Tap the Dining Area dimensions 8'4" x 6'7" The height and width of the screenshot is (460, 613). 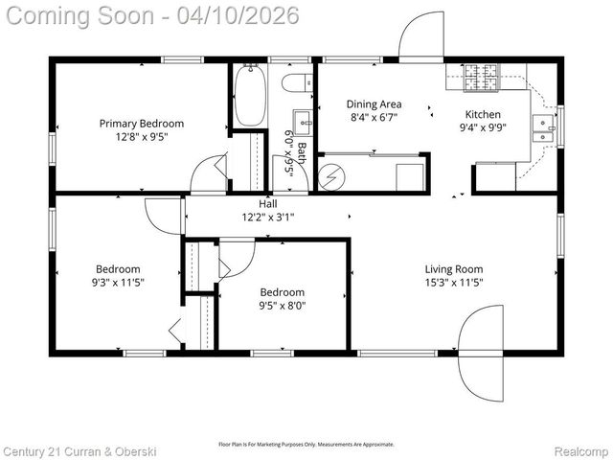pos(373,117)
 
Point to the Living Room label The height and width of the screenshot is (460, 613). pos(454,269)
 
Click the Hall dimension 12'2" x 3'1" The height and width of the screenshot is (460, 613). pos(267,217)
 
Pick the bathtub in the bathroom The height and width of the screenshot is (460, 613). pos(250,96)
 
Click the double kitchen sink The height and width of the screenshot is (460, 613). pos(544,127)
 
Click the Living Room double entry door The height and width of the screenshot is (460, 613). pos(482,353)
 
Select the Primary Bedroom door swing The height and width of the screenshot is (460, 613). pos(208,176)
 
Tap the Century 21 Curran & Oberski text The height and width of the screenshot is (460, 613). pos(79,450)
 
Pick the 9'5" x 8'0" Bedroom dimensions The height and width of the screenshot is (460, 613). pos(283,307)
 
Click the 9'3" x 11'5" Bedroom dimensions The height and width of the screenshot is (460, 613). pos(118,284)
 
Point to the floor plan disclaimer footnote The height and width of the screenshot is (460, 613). pos(306,445)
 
